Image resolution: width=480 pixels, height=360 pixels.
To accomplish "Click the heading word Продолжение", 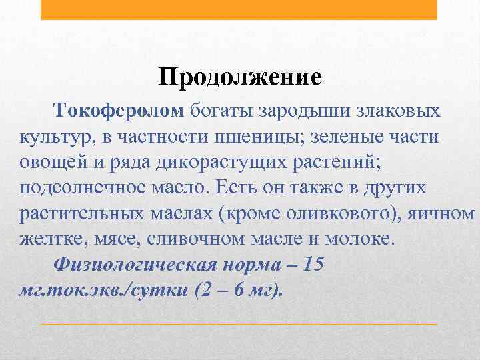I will click(240, 77).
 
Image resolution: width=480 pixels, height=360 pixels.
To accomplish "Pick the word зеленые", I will click(363, 137).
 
